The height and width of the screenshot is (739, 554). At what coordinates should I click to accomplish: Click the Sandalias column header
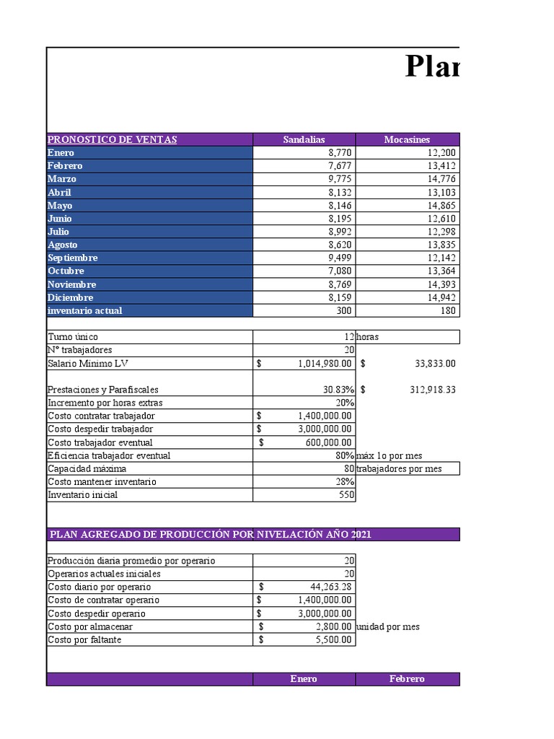tap(304, 139)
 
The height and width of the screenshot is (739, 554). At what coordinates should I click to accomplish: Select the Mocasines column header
tap(407, 139)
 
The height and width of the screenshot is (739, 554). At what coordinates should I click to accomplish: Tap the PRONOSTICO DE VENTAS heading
tap(112, 139)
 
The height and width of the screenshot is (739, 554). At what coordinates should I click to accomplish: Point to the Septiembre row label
tap(72, 258)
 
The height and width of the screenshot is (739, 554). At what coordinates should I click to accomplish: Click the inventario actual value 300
tap(343, 310)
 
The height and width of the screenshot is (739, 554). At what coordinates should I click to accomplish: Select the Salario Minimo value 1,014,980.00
tap(325, 364)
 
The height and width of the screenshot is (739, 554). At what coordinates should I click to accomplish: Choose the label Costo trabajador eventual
tap(100, 442)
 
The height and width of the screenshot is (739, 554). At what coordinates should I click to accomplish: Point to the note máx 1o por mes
tap(389, 455)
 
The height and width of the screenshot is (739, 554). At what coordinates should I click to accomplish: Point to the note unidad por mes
tap(388, 626)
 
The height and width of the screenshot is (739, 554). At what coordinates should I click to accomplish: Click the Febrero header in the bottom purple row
tap(407, 679)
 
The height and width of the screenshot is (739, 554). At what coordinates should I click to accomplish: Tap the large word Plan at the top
tap(431, 67)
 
